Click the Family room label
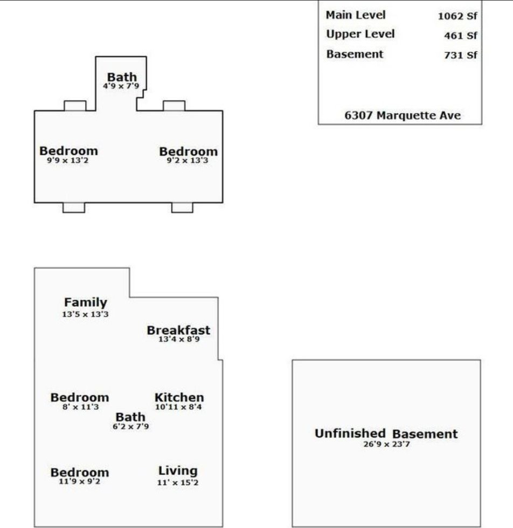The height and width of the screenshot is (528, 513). [85, 303]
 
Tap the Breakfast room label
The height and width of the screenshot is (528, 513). [178, 330]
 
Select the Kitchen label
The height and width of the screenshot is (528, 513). [179, 398]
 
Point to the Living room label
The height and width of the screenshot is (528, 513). [178, 471]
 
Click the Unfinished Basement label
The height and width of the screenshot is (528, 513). [386, 434]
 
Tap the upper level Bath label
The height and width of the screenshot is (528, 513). [122, 77]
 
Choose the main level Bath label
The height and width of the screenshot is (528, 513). [130, 417]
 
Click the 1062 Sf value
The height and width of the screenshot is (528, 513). [457, 16]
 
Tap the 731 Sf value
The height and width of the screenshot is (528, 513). [461, 55]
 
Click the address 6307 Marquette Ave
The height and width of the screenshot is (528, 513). [403, 115]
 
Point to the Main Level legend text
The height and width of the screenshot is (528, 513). [356, 15]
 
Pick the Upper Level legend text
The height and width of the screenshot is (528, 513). [360, 34]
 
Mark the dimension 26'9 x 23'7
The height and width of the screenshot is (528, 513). [386, 444]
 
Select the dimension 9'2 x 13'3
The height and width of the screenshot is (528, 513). [188, 161]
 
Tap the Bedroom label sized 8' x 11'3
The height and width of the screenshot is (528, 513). [79, 398]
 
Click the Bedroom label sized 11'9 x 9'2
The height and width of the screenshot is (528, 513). [79, 473]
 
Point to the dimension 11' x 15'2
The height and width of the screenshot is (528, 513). [178, 482]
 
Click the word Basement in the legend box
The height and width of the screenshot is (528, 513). [355, 54]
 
